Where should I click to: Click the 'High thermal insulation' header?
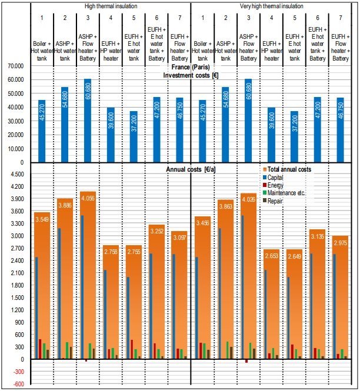(111, 6)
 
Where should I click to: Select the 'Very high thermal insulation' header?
(271, 6)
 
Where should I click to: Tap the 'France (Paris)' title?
(191, 67)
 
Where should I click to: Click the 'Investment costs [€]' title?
(191, 75)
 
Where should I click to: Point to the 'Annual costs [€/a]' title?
(191, 169)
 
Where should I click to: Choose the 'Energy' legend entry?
(273, 185)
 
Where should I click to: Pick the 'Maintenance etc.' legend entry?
(284, 193)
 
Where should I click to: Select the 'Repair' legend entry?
(273, 200)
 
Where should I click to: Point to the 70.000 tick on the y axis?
(16, 66)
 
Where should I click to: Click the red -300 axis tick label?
(19, 372)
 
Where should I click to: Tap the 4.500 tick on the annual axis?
(17, 174)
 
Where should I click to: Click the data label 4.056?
(88, 199)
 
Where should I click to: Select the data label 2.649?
(295, 256)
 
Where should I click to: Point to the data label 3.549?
(42, 219)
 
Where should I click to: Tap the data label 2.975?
(341, 243)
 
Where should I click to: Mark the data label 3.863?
(226, 206)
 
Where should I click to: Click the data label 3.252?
(157, 231)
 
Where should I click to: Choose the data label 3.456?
(202, 223)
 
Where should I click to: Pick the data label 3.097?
(179, 238)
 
